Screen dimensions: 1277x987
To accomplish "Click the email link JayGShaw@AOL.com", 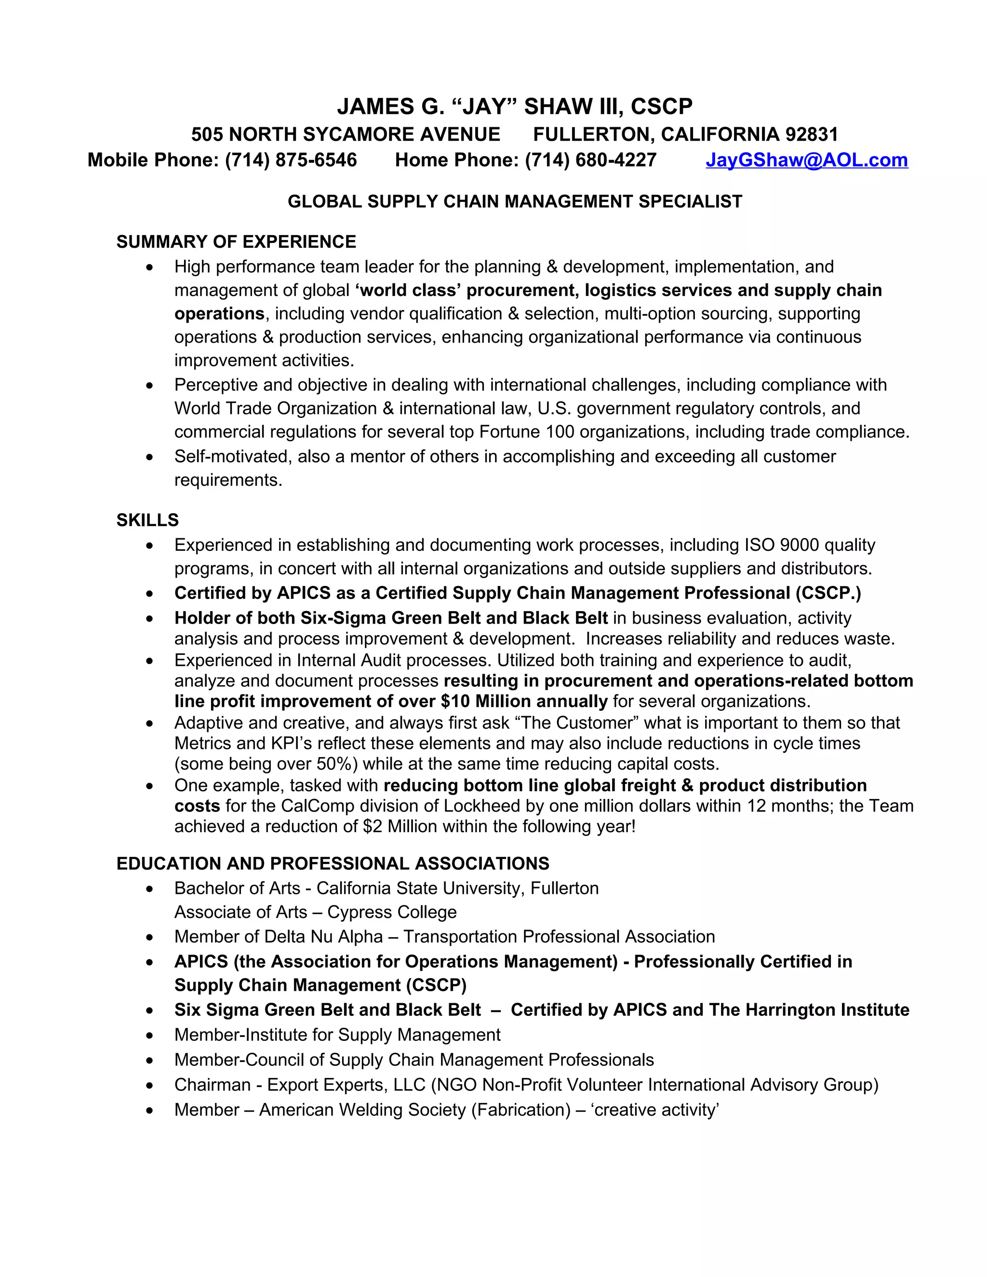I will [806, 160].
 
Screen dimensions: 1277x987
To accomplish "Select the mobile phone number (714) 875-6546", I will [291, 160].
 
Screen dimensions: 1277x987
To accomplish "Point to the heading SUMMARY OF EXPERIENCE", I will [236, 241].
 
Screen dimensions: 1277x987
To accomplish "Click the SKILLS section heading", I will [147, 520].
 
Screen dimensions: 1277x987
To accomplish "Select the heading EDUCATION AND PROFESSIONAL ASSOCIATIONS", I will [333, 864].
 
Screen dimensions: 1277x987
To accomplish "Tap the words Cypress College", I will [392, 912].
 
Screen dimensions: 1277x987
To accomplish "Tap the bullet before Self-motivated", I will [150, 457].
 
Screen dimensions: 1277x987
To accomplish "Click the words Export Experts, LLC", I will [346, 1085].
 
